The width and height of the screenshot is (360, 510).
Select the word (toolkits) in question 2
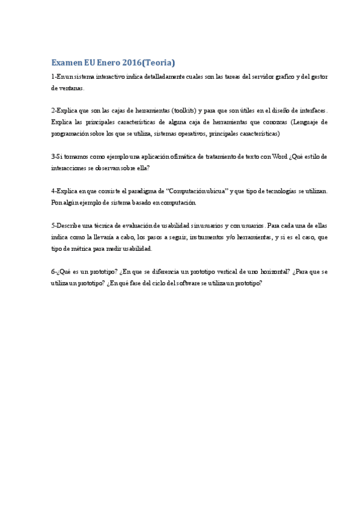click(x=183, y=111)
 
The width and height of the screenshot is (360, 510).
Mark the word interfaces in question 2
click(x=306, y=111)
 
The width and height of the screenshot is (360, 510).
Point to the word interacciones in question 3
click(x=70, y=168)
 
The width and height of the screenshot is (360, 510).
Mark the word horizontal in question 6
click(x=270, y=271)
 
